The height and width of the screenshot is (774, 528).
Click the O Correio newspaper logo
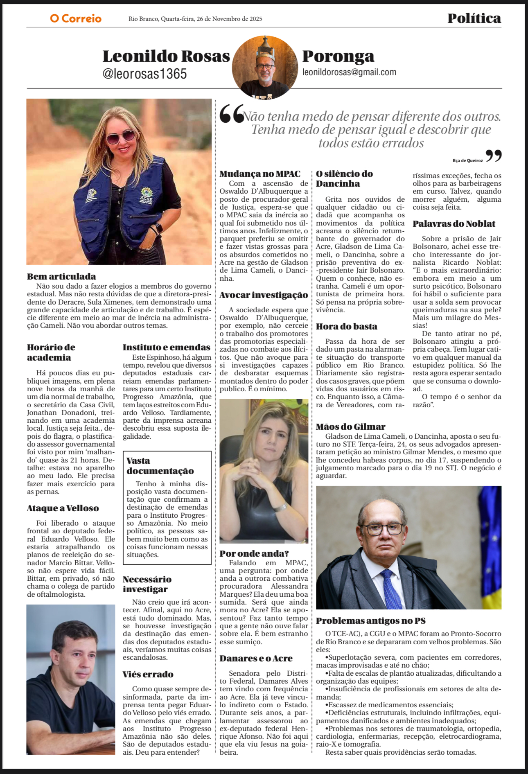click(76, 18)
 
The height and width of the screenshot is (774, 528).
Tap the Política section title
click(474, 18)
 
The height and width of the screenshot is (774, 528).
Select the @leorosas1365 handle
click(144, 74)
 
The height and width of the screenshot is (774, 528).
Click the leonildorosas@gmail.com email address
click(349, 72)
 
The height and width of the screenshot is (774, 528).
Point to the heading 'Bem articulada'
click(61, 276)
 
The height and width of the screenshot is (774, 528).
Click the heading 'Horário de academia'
click(51, 352)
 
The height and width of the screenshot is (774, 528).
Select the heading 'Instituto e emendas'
click(166, 348)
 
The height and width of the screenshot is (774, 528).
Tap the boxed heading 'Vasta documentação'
click(160, 466)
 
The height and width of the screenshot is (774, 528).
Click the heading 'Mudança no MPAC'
click(260, 174)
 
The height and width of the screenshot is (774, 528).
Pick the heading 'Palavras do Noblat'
click(454, 224)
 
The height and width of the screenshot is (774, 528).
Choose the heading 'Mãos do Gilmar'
click(350, 427)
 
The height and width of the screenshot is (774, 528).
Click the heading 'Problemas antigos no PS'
click(370, 621)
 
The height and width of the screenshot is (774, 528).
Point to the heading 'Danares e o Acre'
click(256, 659)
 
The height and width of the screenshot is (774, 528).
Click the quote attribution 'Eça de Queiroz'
click(467, 160)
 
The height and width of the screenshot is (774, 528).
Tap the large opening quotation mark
click(232, 114)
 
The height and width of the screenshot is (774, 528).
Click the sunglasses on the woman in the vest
click(121, 136)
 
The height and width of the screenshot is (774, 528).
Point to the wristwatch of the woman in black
click(281, 508)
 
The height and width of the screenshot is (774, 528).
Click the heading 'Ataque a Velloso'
click(63, 508)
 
